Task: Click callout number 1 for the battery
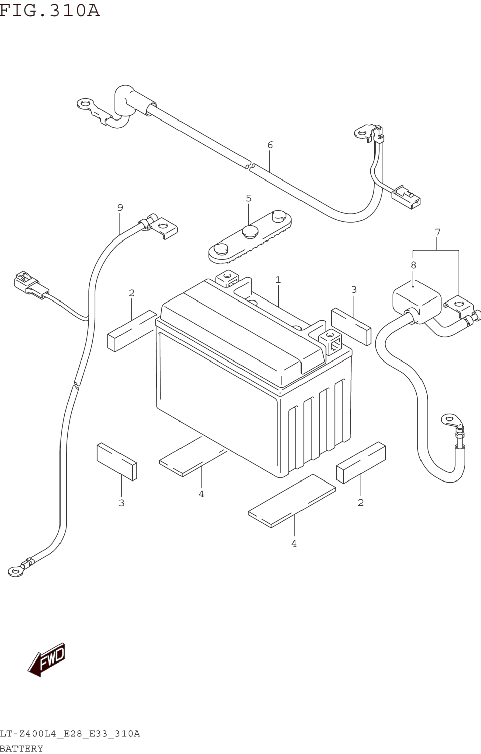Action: [x=278, y=280]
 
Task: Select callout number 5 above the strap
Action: [x=248, y=198]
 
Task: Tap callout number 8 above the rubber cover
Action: [x=413, y=265]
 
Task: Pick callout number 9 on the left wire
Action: [x=120, y=207]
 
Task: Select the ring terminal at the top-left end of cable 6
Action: [x=85, y=103]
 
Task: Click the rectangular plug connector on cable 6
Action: [x=406, y=197]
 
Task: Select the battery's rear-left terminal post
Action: [x=227, y=277]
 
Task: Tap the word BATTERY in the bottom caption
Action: [x=22, y=748]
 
